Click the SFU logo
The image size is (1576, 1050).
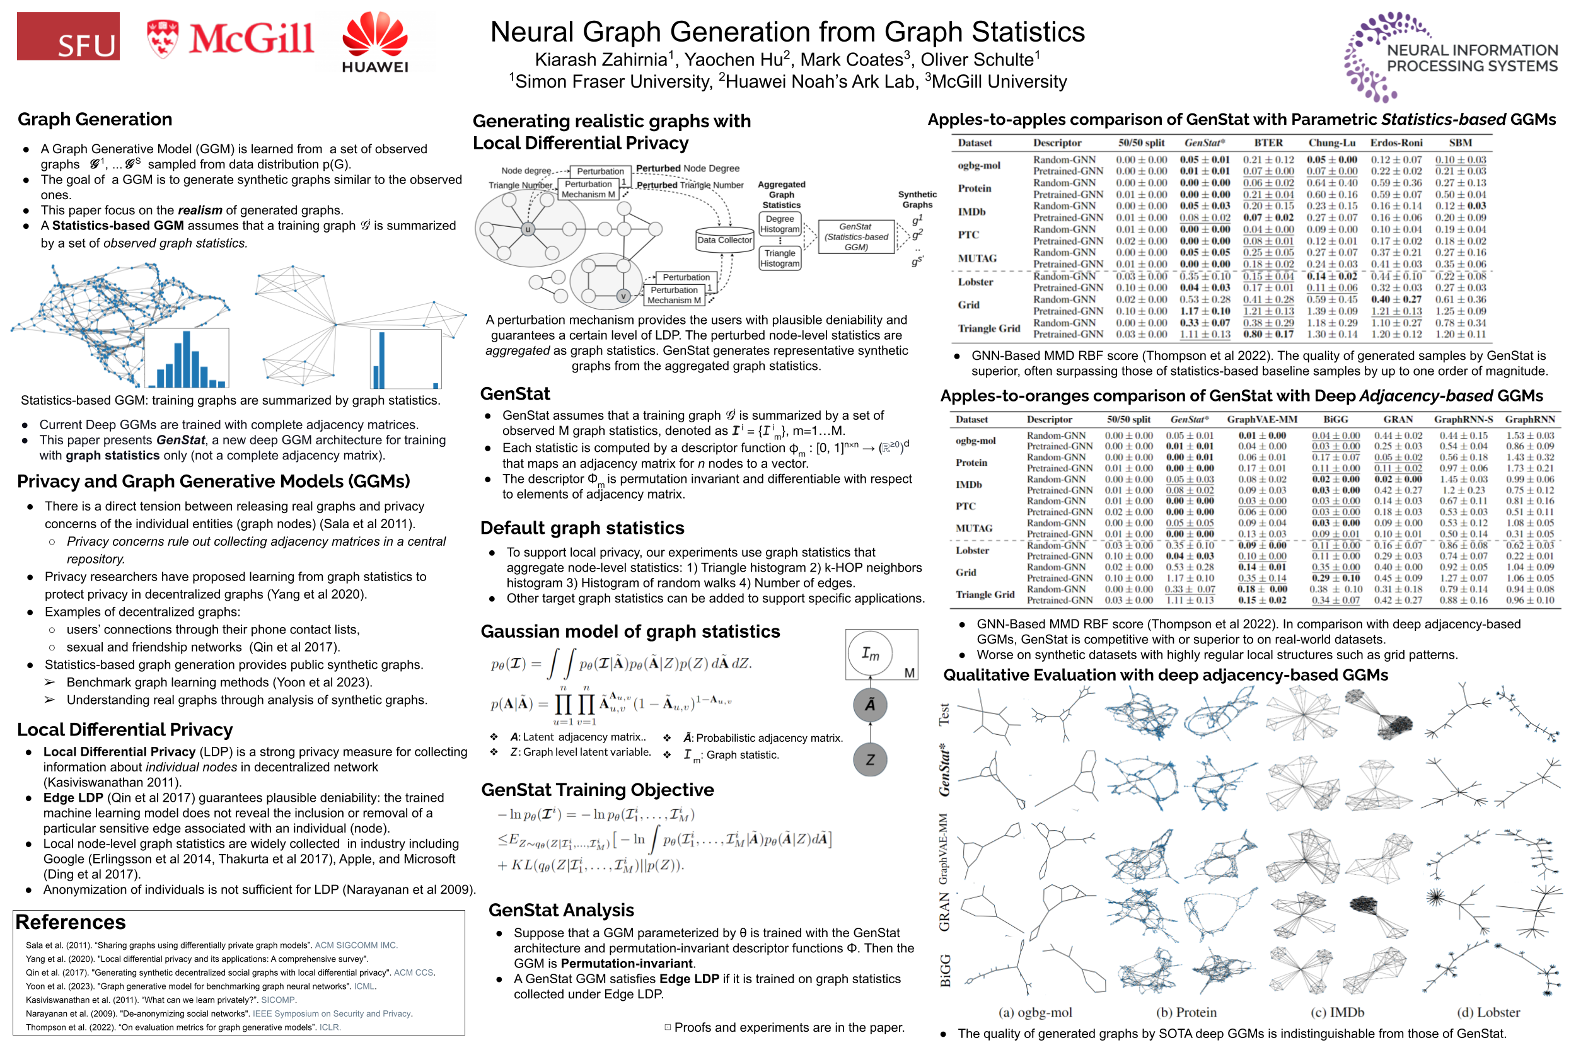click(68, 36)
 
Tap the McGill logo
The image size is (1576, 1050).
click(229, 38)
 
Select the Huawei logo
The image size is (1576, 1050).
click(374, 42)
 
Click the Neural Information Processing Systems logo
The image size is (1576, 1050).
click(1450, 57)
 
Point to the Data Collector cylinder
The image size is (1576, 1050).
click(724, 239)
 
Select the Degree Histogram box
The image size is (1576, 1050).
click(780, 224)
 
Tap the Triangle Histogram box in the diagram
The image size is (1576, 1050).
click(780, 258)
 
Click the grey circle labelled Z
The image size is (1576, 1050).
click(869, 759)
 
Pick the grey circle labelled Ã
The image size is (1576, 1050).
click(869, 705)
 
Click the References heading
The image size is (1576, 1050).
click(71, 922)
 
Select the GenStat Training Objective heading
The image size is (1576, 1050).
click(597, 790)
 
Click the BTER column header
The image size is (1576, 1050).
click(1268, 142)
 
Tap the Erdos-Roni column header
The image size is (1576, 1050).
click(1396, 142)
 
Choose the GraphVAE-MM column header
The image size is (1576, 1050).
click(1261, 419)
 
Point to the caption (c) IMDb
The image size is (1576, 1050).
click(1337, 1012)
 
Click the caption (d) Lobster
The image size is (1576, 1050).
click(1488, 1012)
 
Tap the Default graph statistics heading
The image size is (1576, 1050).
click(582, 528)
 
